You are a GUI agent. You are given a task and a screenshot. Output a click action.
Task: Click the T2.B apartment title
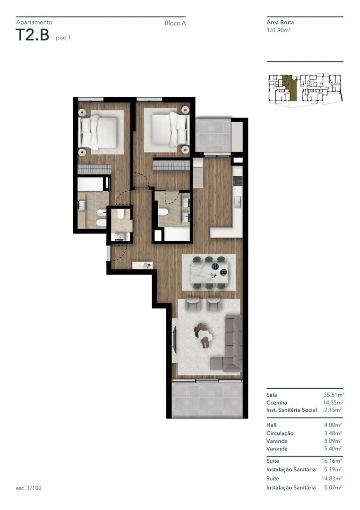[x=32, y=35]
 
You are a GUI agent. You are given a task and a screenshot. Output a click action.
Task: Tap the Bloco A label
[x=175, y=23]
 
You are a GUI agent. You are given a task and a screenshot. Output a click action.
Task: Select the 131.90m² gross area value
[x=278, y=30]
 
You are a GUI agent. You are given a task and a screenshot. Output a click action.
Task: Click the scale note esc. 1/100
[x=29, y=488]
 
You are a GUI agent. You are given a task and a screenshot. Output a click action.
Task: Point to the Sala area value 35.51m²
[x=334, y=395]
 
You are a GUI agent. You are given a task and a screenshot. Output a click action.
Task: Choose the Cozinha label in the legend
[x=277, y=403]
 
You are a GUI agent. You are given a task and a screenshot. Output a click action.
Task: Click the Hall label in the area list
[x=272, y=425]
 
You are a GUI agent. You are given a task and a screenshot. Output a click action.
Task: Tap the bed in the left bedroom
[x=98, y=132]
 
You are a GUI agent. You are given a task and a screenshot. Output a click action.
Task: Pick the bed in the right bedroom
[x=170, y=129]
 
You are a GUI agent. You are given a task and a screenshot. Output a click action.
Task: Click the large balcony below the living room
[x=207, y=399]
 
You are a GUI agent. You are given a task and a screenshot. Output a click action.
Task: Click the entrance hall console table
[x=143, y=265]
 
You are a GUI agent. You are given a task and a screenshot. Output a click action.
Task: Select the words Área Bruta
[x=280, y=23]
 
